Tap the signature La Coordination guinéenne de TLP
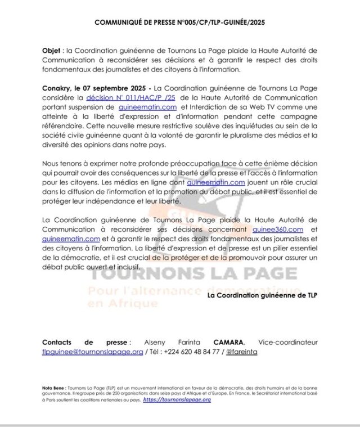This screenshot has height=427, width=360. pos(262,295)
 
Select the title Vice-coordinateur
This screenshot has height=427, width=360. pos(288,342)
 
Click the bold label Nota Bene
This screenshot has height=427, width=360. pos(54,388)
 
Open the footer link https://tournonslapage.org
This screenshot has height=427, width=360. pos(177,399)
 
